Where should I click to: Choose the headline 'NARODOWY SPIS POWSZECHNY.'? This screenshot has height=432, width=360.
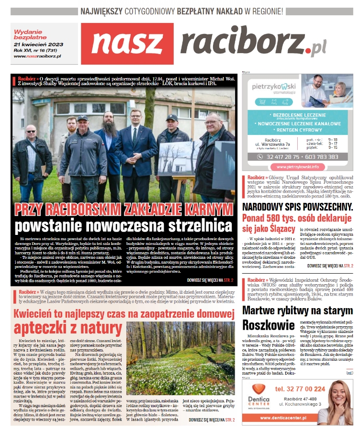click(297, 207)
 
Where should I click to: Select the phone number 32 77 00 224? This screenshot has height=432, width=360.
click(300, 389)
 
